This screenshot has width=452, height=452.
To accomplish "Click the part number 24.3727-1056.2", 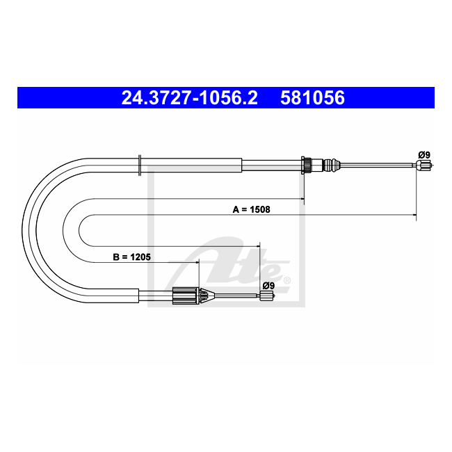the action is pos(189,97).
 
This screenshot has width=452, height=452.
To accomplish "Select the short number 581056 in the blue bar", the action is pos(312,97).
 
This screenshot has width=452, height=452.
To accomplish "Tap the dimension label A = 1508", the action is pos(251,209).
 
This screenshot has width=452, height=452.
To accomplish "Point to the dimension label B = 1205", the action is pos(131,257).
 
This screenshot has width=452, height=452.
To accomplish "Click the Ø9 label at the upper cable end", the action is pos(424,155).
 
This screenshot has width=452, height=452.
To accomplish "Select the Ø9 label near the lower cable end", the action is pos(268,286).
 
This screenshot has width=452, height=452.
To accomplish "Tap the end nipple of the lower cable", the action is pos(267,296).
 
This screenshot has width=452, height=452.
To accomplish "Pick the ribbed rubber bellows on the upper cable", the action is pos(331,166).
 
